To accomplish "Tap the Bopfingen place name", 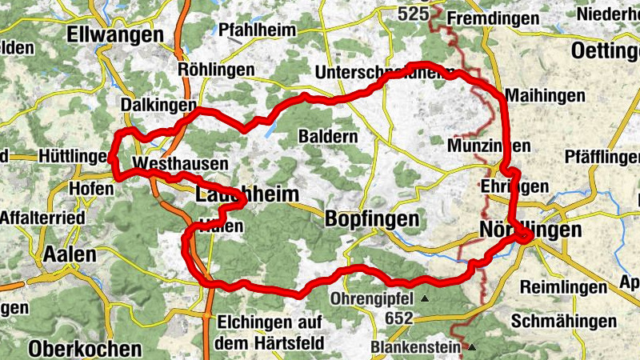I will [373, 218].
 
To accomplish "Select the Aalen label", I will [70, 254].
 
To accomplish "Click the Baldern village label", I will [328, 136].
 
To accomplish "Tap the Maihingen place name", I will [546, 95].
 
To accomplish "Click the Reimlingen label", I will [560, 286].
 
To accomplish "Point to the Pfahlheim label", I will [257, 30].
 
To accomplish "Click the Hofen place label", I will [86, 188].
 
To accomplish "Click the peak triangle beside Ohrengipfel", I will [425, 299].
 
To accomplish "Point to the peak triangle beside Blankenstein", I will [473, 348].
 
